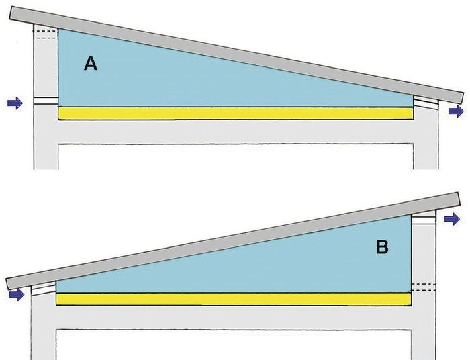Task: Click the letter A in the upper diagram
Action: [91, 64]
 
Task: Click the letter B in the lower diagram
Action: [382, 247]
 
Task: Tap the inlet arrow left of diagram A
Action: [15, 103]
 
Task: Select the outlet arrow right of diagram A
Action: [456, 111]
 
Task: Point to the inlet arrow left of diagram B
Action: [17, 295]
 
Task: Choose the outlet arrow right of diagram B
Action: [452, 219]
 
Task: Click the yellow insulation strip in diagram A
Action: [236, 114]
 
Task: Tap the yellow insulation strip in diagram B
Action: [234, 300]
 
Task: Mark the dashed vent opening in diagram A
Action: [46, 34]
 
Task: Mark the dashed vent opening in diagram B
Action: [423, 287]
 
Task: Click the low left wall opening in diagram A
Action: [46, 101]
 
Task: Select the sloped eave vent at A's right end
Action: [426, 101]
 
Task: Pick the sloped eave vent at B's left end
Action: [44, 289]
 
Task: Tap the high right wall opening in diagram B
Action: [423, 220]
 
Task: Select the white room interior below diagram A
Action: [236, 156]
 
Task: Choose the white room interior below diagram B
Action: [234, 345]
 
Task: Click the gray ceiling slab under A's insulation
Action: [236, 132]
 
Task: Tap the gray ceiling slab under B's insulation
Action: [234, 318]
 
